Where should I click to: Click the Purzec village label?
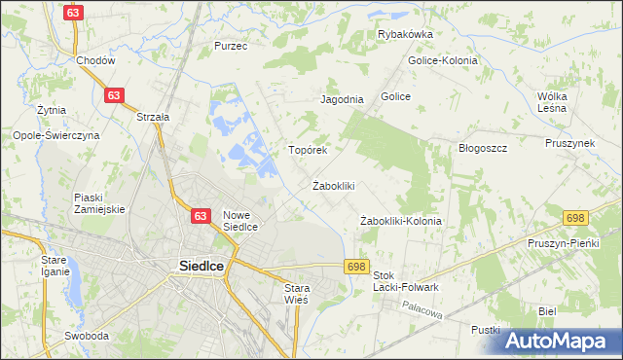point(231,46)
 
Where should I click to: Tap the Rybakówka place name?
point(405,34)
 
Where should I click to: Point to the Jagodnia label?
point(342,99)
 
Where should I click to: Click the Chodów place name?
point(95,60)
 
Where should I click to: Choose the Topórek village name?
point(307,151)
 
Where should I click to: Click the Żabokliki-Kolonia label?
point(400,221)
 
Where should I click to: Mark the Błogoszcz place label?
point(484,148)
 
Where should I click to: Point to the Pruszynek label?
point(569,143)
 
